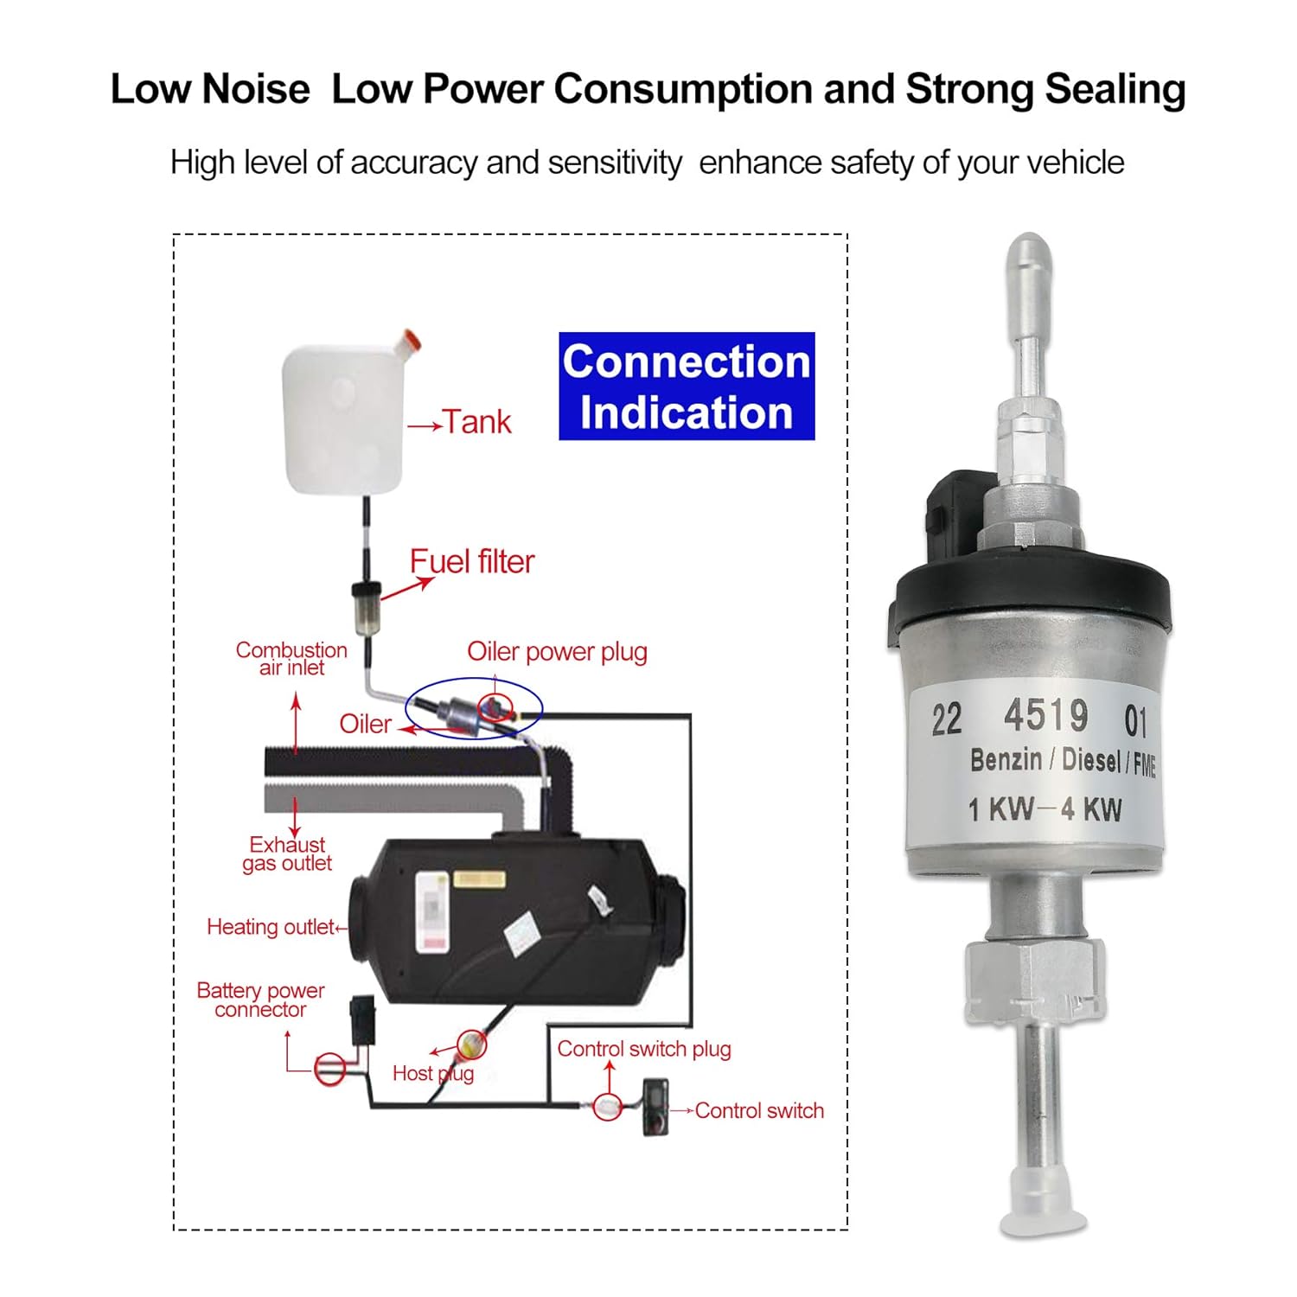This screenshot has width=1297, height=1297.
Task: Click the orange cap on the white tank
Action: pos(409,340)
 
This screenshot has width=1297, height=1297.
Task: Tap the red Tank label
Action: pos(476,423)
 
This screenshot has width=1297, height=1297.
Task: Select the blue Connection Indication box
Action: pos(687,387)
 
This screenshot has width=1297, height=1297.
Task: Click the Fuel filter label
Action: pos(472,562)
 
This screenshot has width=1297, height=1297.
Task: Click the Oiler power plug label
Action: pos(557,652)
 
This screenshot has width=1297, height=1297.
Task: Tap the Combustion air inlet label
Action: pos(291,659)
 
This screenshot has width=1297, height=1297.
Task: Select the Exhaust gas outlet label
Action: pos(287,854)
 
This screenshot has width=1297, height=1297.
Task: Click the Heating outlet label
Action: pos(271,928)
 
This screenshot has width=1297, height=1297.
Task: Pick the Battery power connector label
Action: pos(260,1000)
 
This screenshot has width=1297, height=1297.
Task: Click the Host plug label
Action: pos(432,1074)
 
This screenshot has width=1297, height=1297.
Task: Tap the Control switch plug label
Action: pos(644,1050)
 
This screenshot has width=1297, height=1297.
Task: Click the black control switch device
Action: pos(655,1107)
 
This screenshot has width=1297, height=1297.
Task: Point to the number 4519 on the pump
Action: pos(1046,716)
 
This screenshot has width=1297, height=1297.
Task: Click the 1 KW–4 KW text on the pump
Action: pos(1045,810)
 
